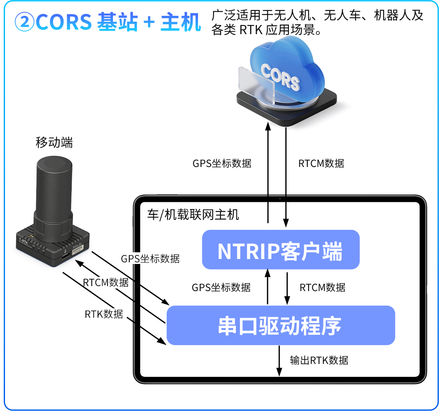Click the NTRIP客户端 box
coord(280,250)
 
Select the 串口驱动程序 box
coord(280,326)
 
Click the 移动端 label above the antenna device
coord(54,143)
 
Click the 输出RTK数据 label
coord(319,360)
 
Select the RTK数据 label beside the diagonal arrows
coord(104,314)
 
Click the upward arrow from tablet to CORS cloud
coord(268,175)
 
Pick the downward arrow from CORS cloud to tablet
coord(286,175)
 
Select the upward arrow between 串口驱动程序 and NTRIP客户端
coord(268,287)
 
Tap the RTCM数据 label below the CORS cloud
coord(321,163)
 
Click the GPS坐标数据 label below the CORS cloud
coord(222,163)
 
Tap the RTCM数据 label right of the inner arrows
coord(322,287)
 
